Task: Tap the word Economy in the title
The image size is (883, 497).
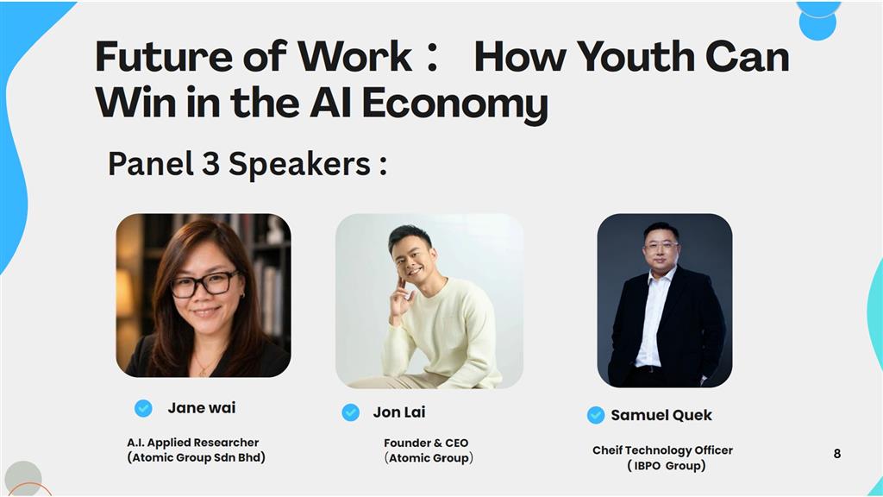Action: point(455,104)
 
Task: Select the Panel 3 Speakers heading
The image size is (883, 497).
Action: point(247,165)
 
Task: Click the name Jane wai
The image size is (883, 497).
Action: point(202,408)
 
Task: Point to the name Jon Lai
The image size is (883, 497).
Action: point(399,412)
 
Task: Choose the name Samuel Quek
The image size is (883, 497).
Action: point(661,415)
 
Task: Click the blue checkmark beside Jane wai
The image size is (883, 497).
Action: point(143,408)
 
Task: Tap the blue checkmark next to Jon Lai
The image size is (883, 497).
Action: point(350,412)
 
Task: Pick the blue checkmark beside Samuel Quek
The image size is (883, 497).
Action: point(596,415)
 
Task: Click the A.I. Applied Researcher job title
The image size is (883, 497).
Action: point(192,443)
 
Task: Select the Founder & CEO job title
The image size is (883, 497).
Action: point(426,444)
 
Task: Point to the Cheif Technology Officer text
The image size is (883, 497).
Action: point(662,450)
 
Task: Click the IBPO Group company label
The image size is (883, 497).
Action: point(667,466)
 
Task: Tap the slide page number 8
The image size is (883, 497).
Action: point(836,454)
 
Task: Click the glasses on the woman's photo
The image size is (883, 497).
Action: point(204,283)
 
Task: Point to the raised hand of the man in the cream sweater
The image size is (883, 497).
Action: point(402,298)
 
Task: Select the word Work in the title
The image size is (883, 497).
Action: point(355,57)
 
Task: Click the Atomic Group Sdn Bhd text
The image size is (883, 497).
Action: point(196,457)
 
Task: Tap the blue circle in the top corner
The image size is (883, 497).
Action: point(817,21)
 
